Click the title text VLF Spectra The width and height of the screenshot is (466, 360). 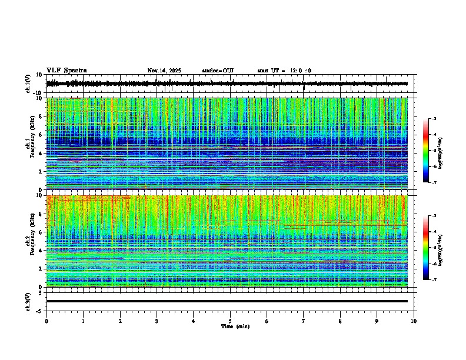(x=66, y=71)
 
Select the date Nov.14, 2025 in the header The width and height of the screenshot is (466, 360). (x=164, y=71)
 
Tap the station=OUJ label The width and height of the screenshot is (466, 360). (x=218, y=71)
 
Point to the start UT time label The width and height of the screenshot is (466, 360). (x=284, y=71)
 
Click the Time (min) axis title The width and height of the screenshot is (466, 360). (x=235, y=326)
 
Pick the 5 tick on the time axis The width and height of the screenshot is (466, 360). (x=230, y=321)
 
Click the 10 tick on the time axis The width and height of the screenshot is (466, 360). (x=414, y=321)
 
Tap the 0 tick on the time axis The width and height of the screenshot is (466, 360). (x=46, y=321)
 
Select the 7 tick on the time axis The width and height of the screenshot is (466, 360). (x=304, y=321)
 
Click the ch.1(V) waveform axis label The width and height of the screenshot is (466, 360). (x=28, y=84)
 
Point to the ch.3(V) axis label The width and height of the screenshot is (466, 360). (x=28, y=301)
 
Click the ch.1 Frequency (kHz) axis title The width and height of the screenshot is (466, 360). (x=31, y=144)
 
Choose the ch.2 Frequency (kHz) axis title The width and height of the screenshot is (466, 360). (x=31, y=241)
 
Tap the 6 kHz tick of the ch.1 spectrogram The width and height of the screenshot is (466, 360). (x=42, y=135)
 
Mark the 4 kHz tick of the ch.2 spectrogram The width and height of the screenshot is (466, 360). (x=42, y=250)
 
